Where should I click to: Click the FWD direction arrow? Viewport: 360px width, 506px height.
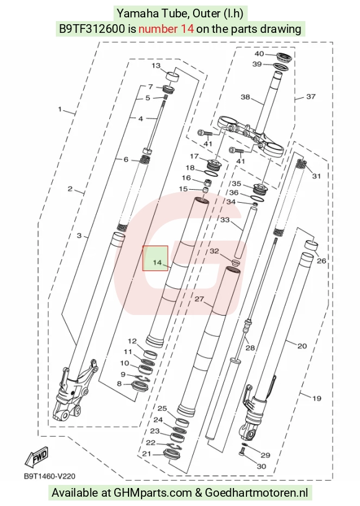pos(37,456)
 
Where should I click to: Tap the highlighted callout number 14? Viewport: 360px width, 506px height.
pos(157,262)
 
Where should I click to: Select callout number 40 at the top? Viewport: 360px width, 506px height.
pos(259,53)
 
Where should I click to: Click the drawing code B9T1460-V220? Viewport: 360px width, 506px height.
pos(50,476)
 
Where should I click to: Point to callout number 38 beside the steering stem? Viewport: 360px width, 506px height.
pos(245,97)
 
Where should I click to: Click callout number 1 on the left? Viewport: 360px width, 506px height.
pos(60,109)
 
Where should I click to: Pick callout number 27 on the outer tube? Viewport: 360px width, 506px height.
pos(199,299)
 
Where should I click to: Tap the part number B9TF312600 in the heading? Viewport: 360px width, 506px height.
pos(91,29)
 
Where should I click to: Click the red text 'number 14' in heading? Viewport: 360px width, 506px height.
pos(166,29)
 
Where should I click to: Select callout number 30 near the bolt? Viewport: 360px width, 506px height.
pos(261,466)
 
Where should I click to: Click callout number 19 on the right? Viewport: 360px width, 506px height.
pos(317,398)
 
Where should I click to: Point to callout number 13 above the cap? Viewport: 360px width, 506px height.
pos(156,66)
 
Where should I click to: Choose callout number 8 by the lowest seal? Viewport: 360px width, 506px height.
pos(119,384)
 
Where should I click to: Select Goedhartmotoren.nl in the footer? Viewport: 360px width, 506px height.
pos(256,493)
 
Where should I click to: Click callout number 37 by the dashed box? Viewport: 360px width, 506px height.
pos(310,97)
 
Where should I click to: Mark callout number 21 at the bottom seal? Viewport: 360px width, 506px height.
pos(146,454)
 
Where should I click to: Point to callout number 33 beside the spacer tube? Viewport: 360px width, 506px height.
pos(225,220)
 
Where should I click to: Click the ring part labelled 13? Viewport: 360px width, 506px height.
pos(173,78)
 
